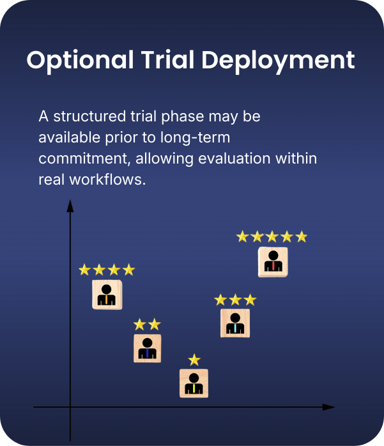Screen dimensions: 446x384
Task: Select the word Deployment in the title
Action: coord(278,60)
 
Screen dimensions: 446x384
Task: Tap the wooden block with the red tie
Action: coord(273,262)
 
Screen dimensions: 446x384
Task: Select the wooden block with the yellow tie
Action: coord(194,383)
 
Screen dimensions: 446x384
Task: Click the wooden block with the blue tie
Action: coord(147,348)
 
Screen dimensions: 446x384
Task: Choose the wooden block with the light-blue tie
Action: coord(235,323)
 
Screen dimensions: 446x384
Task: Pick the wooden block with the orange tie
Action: coord(107,295)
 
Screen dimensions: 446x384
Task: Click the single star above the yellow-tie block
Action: coord(194,360)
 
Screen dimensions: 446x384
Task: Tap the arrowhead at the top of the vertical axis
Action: coord(70,205)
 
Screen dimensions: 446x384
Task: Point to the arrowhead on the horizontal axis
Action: coord(328,407)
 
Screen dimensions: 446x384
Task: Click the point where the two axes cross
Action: coord(70,407)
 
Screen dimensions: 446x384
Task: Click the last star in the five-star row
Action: coord(302,236)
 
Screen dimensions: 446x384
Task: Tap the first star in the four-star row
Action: coord(84,270)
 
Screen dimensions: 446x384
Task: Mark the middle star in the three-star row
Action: coord(235,299)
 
